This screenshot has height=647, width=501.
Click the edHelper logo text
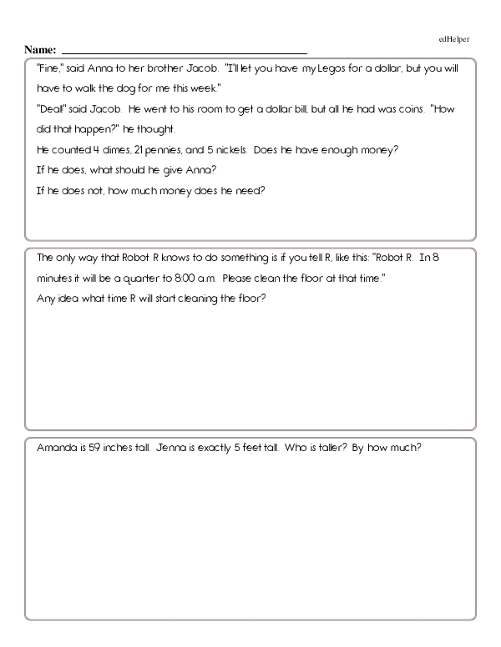click(454, 39)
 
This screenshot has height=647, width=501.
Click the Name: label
click(41, 49)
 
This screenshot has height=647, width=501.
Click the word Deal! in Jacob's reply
click(50, 109)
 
